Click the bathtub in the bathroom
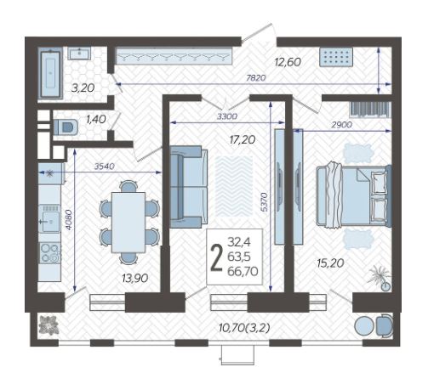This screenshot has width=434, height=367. [x=50, y=73]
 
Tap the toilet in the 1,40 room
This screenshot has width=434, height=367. [x=66, y=127]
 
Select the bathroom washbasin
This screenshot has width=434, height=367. [x=80, y=54]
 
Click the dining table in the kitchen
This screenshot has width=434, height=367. [x=128, y=223]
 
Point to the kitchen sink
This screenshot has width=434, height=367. [x=49, y=218]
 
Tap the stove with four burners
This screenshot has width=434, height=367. [x=50, y=252]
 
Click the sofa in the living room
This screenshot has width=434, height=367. [x=189, y=187]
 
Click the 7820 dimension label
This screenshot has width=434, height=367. [x=256, y=77]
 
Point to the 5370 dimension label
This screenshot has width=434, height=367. [x=265, y=202]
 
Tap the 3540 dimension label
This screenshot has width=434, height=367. [x=105, y=166]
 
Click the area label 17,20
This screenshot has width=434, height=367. [x=243, y=139]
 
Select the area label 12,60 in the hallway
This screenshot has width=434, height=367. [x=288, y=62]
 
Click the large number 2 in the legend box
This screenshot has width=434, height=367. [x=217, y=258]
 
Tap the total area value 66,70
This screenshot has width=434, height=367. [x=243, y=272]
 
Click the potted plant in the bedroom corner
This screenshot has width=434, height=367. [x=380, y=277]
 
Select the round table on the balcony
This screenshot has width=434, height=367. [x=364, y=326]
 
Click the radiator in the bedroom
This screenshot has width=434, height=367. [x=370, y=109]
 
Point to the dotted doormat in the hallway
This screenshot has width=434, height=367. [x=336, y=57]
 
